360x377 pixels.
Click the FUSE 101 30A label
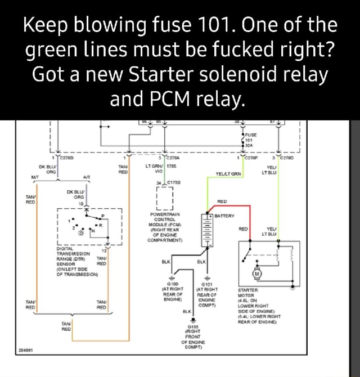(x=251, y=139)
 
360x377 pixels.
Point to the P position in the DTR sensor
(x=103, y=216)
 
